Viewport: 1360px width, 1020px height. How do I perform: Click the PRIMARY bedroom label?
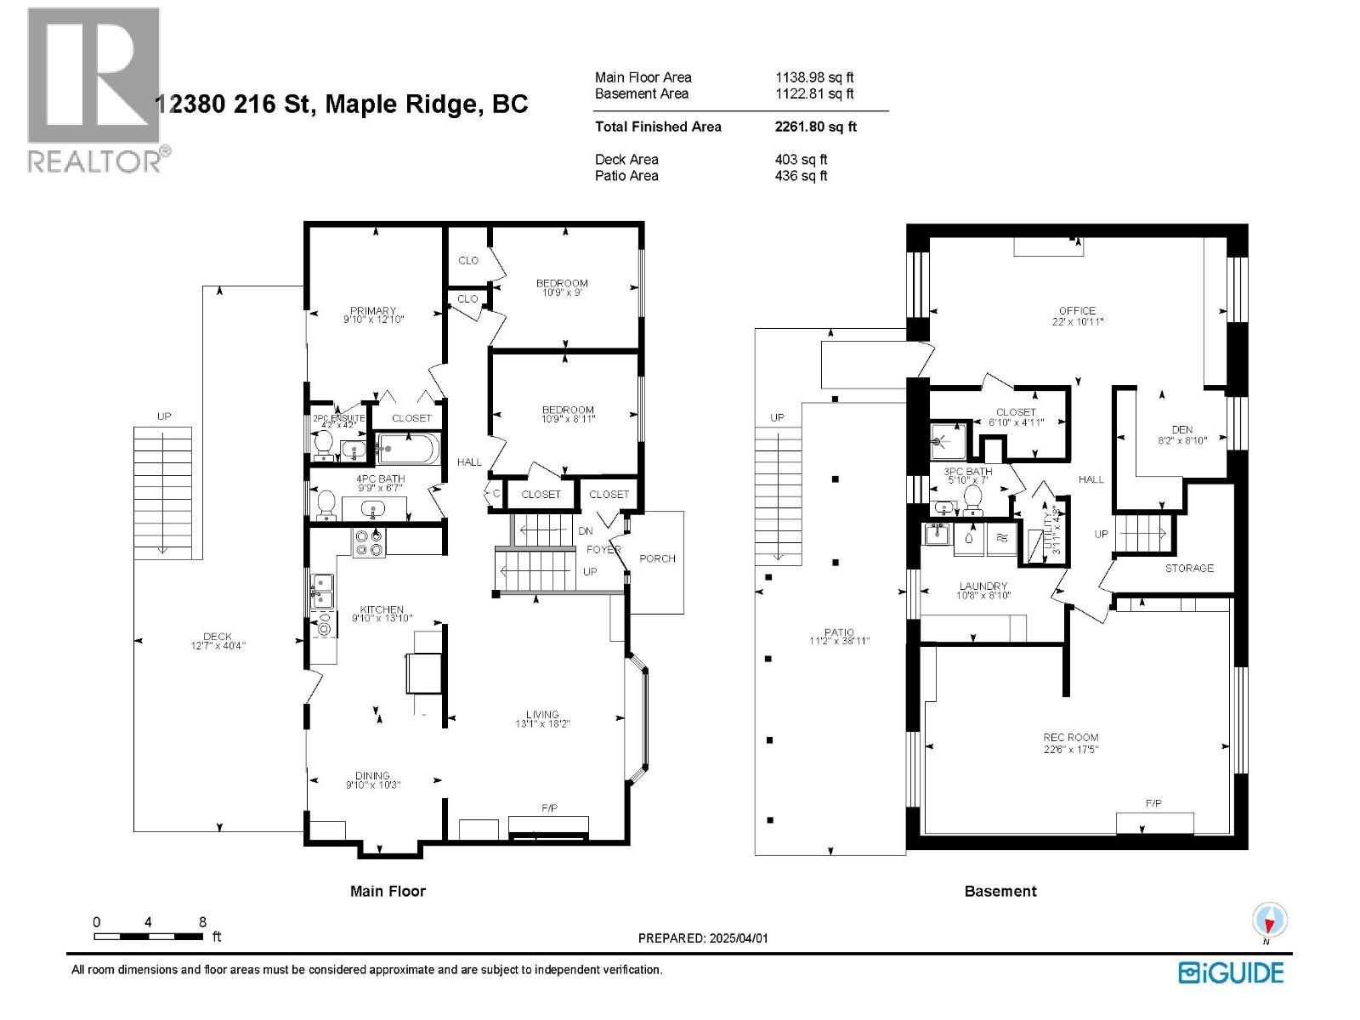tap(372, 311)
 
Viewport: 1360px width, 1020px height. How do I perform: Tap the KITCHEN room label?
tap(382, 609)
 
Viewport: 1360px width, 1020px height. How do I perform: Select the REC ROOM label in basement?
tap(1071, 738)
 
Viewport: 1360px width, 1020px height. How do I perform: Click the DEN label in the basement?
tap(1181, 430)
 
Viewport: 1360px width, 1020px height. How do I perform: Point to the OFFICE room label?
tap(1077, 311)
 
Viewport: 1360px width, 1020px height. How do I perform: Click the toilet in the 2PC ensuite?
tap(323, 443)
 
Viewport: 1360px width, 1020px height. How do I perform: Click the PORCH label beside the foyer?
tap(657, 558)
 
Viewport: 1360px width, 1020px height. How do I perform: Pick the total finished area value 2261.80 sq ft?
tap(815, 127)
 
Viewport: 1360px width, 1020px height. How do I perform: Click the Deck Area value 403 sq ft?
tap(800, 159)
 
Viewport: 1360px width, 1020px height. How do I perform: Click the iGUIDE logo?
tap(1231, 972)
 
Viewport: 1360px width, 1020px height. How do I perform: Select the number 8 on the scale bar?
tap(202, 922)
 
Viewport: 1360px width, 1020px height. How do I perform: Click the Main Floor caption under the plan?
tap(388, 891)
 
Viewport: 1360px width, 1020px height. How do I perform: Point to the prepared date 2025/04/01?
tap(736, 938)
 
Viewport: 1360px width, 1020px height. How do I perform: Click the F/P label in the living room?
tap(549, 807)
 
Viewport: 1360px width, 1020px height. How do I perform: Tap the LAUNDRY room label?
tap(983, 586)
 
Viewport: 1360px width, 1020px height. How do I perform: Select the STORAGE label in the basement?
tap(1189, 568)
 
